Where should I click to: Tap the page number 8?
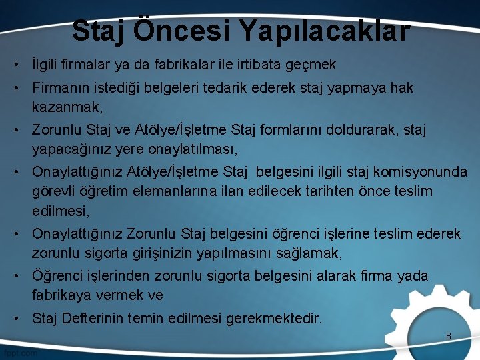pyautogui.click(x=449, y=337)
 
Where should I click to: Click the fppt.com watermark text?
pyautogui.click(x=20, y=353)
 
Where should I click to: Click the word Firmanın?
pyautogui.click(x=61, y=88)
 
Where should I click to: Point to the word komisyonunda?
pyautogui.click(x=423, y=172)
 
